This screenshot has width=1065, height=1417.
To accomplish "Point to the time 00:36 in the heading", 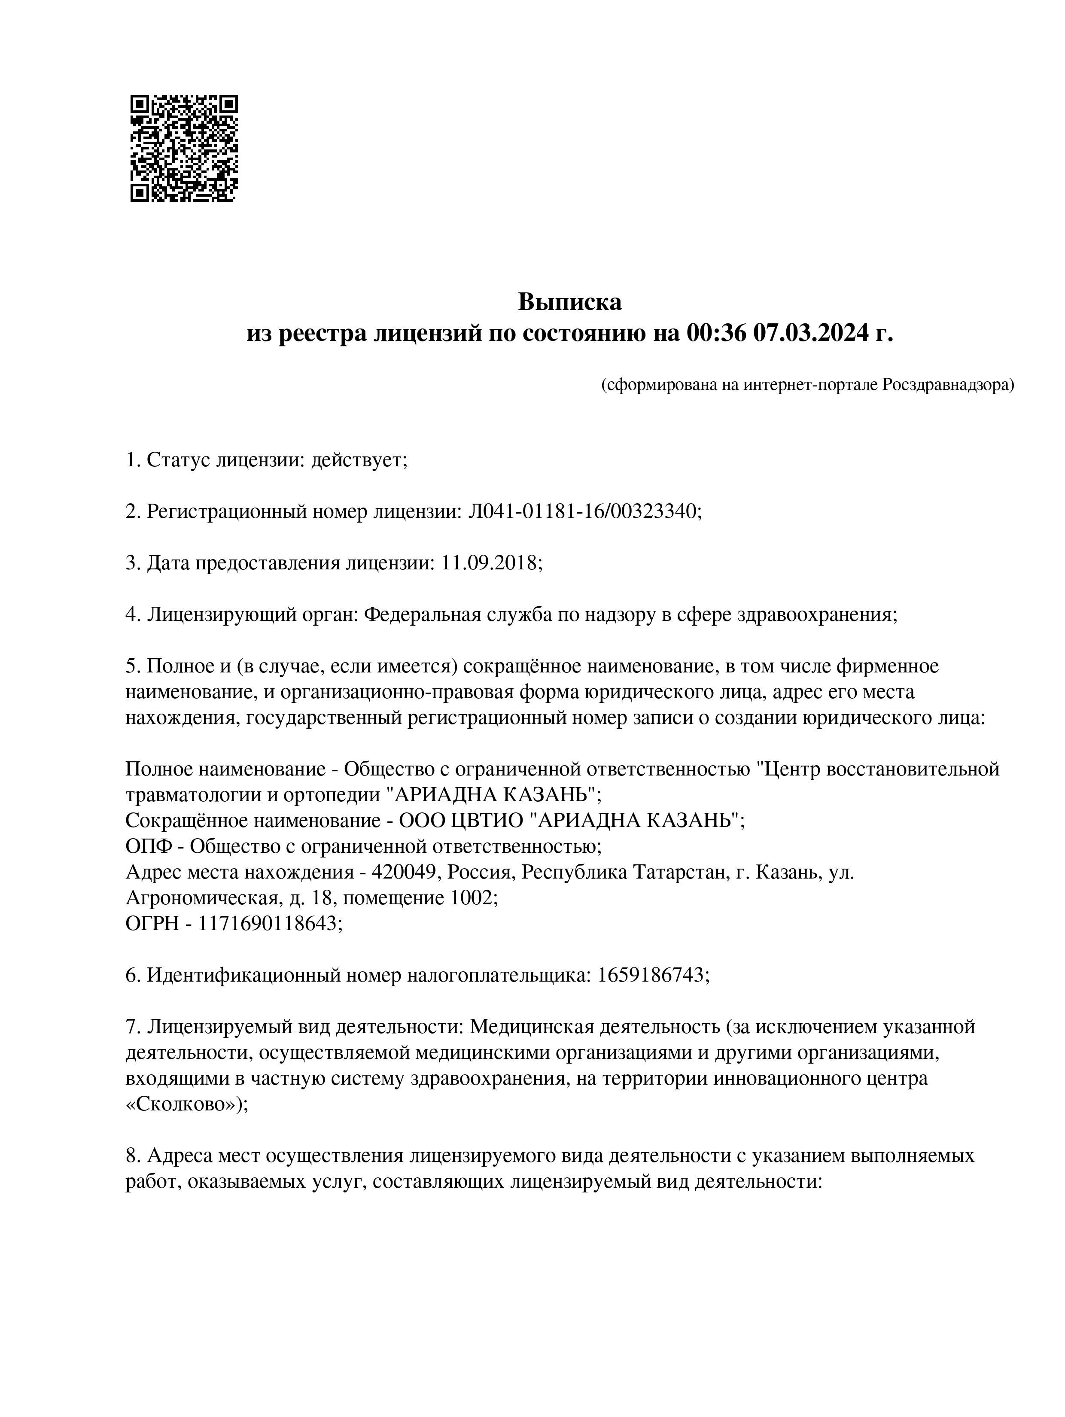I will [716, 333].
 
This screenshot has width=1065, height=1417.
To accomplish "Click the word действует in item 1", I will [358, 460].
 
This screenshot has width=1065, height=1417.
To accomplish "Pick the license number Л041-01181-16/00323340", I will [584, 511].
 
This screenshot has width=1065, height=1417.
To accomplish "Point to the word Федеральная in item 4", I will [422, 614].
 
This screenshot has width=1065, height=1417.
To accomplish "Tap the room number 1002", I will [474, 897].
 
